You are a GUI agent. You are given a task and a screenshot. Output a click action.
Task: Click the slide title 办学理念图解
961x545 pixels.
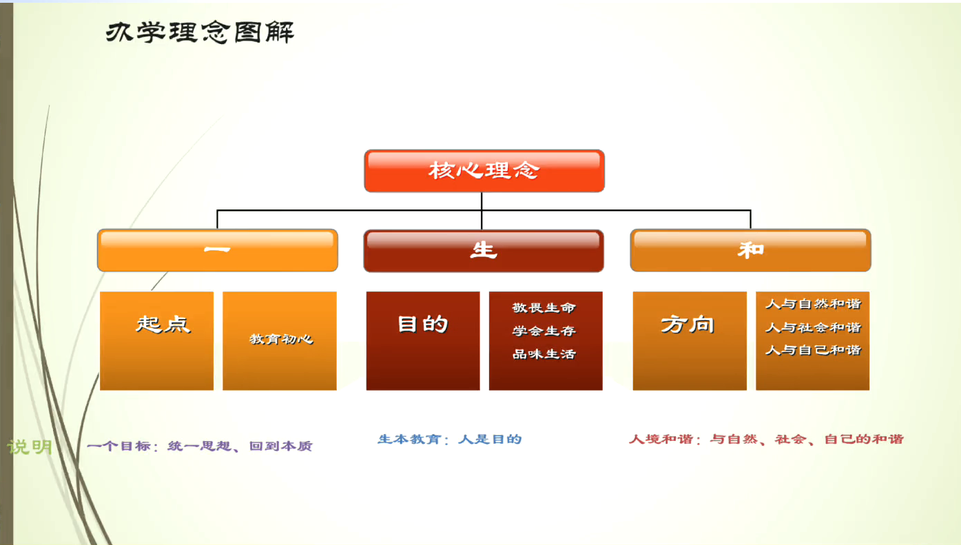(x=200, y=32)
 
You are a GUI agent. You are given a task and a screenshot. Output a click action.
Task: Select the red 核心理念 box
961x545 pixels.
(x=484, y=171)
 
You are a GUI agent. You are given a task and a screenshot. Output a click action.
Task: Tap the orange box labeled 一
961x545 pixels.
(x=218, y=250)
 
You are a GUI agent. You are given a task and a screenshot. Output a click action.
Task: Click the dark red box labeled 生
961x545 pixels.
(x=484, y=251)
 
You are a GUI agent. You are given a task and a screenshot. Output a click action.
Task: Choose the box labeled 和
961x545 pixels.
(x=751, y=250)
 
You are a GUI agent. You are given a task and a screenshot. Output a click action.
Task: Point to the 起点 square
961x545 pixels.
(x=156, y=341)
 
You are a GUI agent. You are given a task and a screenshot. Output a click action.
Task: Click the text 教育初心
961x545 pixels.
(x=282, y=339)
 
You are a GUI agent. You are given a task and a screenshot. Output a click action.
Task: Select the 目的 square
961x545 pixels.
(x=423, y=341)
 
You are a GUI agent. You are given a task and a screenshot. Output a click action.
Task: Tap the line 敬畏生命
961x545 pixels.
(x=544, y=308)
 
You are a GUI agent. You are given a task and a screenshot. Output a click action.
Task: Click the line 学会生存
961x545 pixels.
(x=544, y=331)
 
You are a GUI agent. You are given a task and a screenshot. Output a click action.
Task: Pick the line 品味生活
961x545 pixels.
(x=544, y=354)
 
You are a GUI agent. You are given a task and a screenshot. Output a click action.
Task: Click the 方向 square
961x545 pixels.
(x=690, y=341)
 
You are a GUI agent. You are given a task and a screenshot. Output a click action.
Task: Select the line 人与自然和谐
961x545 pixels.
(x=814, y=304)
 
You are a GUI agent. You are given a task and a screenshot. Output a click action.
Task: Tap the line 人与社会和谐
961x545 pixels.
(x=814, y=327)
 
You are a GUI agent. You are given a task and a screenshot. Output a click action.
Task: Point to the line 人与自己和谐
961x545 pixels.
(x=814, y=350)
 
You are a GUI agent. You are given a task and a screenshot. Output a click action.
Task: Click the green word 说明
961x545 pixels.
(x=30, y=446)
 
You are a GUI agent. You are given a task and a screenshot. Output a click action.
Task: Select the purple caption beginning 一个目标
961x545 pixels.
(x=200, y=446)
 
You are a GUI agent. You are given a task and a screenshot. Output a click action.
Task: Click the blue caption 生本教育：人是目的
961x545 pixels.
(x=450, y=439)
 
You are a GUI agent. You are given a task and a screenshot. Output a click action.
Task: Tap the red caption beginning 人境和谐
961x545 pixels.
(x=766, y=439)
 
